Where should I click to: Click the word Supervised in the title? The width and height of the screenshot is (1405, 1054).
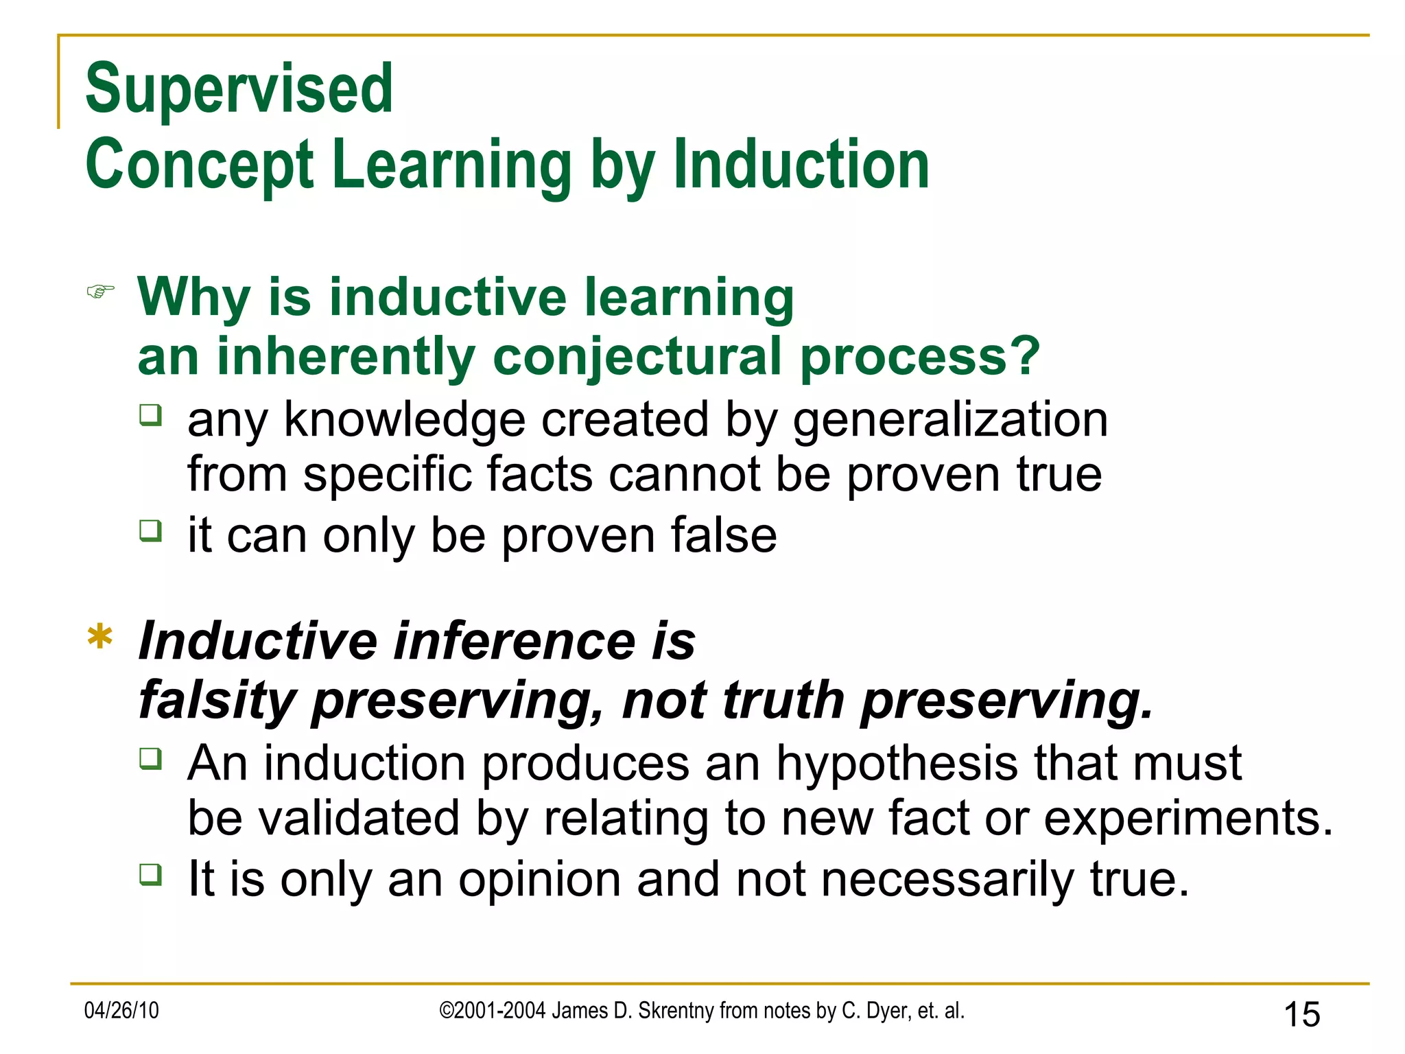pyautogui.click(x=239, y=89)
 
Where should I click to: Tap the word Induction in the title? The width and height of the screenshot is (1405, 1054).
pyautogui.click(x=801, y=165)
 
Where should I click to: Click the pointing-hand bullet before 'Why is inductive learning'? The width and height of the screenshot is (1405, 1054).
pyautogui.click(x=100, y=292)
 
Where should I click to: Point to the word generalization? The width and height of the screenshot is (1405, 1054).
pyautogui.click(x=950, y=420)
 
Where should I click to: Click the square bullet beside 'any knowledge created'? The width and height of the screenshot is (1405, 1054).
pyautogui.click(x=150, y=415)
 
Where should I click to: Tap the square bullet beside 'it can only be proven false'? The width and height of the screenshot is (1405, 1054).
pyautogui.click(x=150, y=530)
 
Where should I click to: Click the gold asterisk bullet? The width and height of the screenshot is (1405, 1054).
pyautogui.click(x=100, y=638)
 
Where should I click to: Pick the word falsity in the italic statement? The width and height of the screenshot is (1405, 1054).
pyautogui.click(x=217, y=701)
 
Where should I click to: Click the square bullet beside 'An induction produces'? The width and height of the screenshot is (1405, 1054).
pyautogui.click(x=150, y=758)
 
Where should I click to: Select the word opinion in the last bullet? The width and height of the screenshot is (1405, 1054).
pyautogui.click(x=539, y=879)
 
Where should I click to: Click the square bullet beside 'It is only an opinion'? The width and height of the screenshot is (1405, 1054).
pyautogui.click(x=150, y=874)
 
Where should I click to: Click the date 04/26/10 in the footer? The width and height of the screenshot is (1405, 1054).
pyautogui.click(x=121, y=1011)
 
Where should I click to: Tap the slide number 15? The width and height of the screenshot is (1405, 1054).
pyautogui.click(x=1301, y=1014)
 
